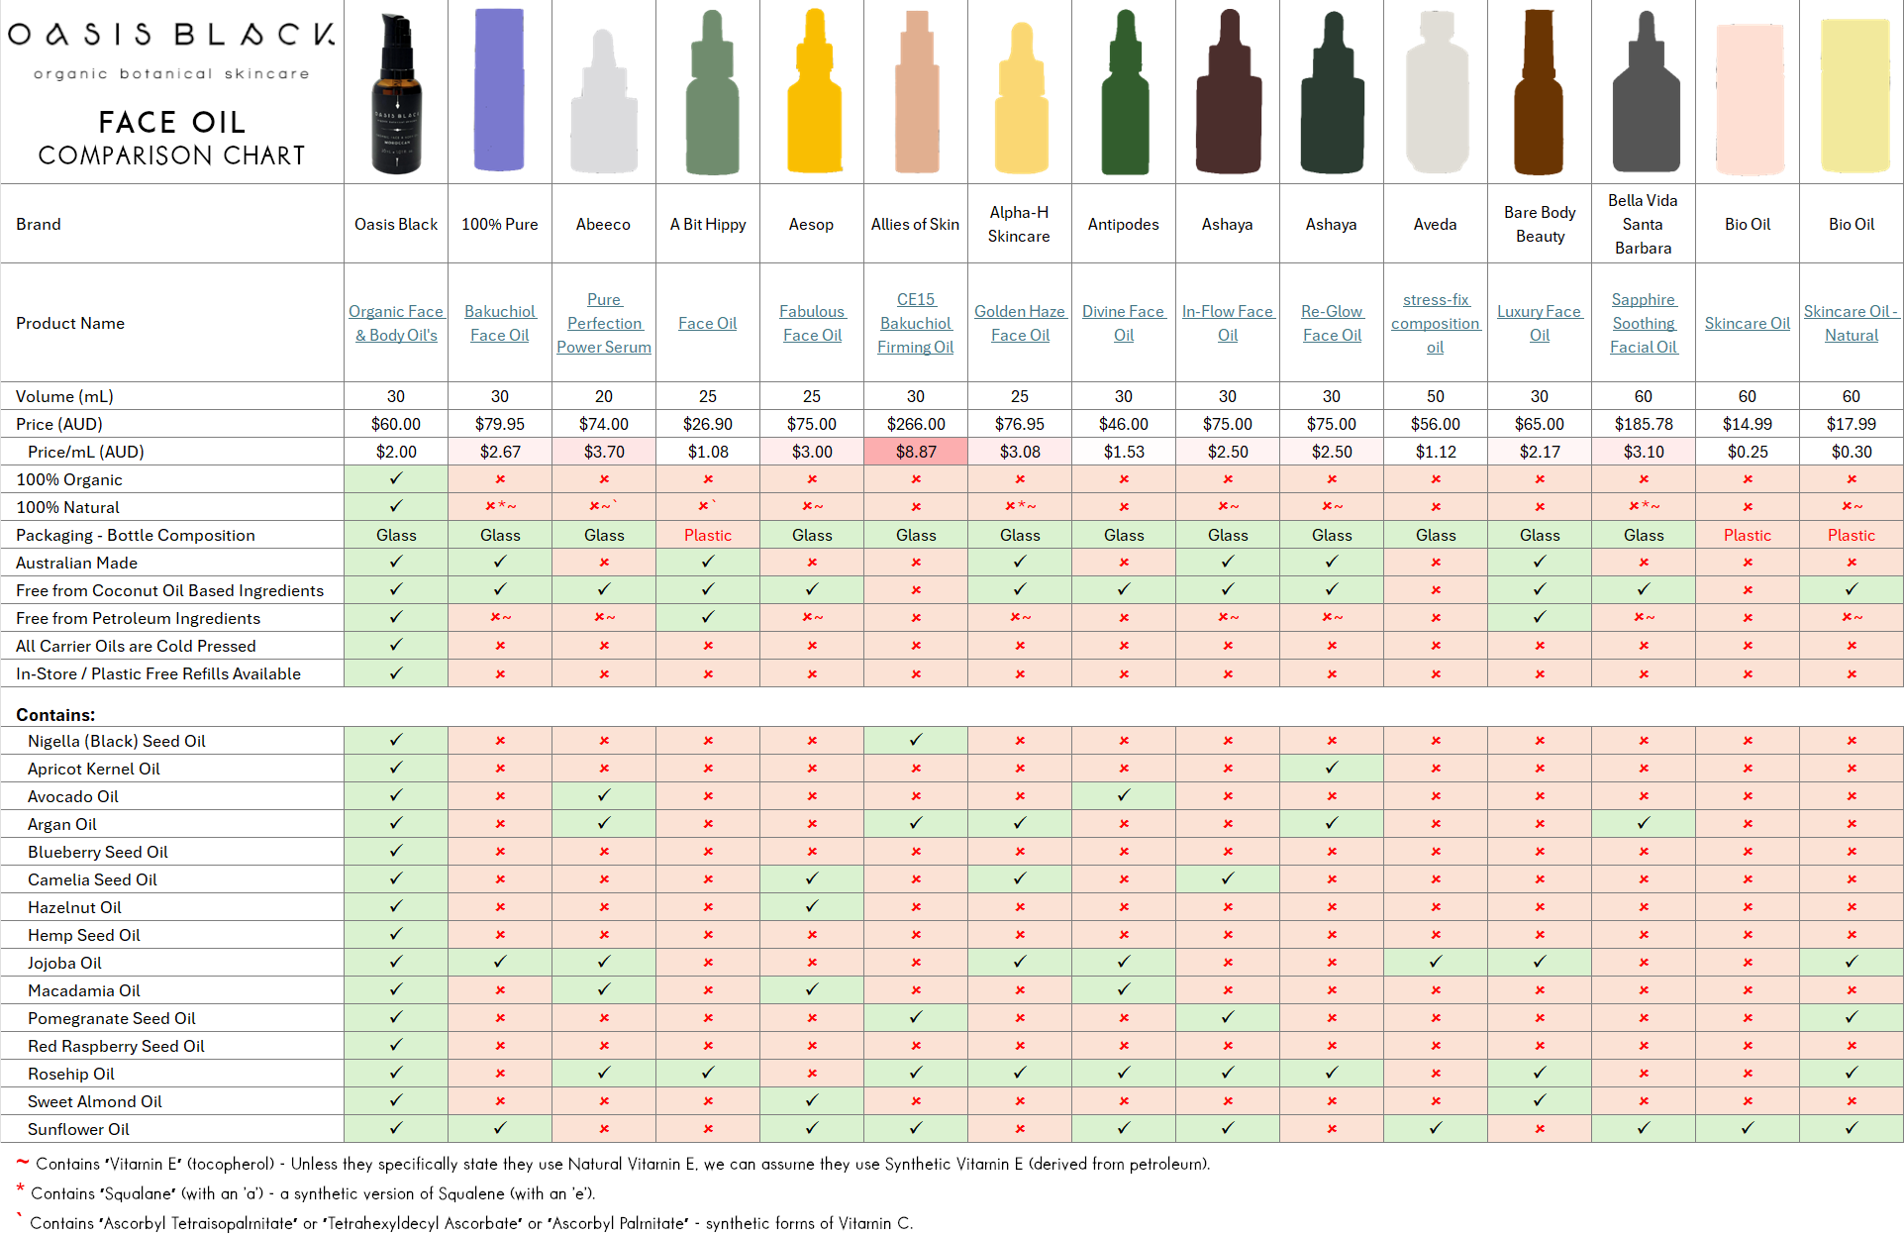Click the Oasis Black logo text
(171, 35)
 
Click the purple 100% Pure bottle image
(499, 90)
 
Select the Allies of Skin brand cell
(915, 225)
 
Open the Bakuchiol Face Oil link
(499, 324)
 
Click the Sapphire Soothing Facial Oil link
(1643, 324)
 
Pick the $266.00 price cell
(915, 424)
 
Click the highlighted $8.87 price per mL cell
(915, 452)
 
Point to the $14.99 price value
(1747, 424)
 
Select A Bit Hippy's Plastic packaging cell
(707, 535)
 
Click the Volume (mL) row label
(64, 396)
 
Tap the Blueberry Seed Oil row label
(97, 852)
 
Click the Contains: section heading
(55, 715)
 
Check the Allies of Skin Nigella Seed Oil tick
(915, 740)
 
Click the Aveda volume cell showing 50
(1435, 396)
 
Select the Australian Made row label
(76, 563)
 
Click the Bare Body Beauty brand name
(1539, 225)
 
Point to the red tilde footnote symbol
(22, 1162)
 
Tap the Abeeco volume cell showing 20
(603, 396)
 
